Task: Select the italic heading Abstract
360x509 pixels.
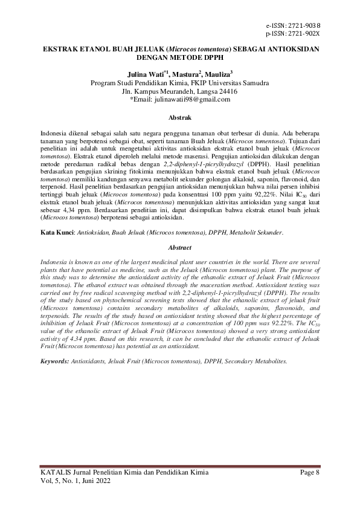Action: click(179, 247)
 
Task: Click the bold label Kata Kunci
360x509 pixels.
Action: click(56, 215)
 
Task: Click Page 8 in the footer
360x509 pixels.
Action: click(310, 471)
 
